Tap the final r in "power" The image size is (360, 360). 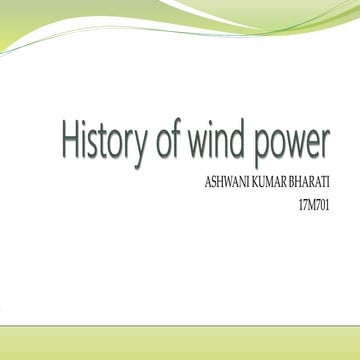click(x=325, y=147)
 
